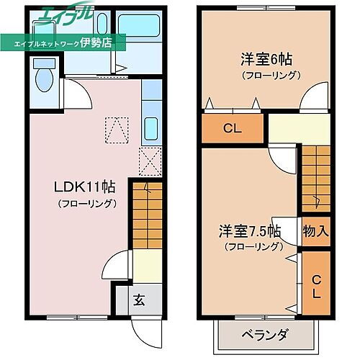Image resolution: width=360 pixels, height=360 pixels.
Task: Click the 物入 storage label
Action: click(x=316, y=232)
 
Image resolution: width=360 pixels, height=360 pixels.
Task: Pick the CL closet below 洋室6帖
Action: click(x=231, y=130)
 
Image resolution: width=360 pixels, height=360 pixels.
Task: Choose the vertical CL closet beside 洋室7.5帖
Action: click(x=316, y=282)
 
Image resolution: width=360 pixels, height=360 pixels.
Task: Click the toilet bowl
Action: click(x=42, y=80)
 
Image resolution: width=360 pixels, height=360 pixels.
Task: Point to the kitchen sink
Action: click(x=151, y=128)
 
